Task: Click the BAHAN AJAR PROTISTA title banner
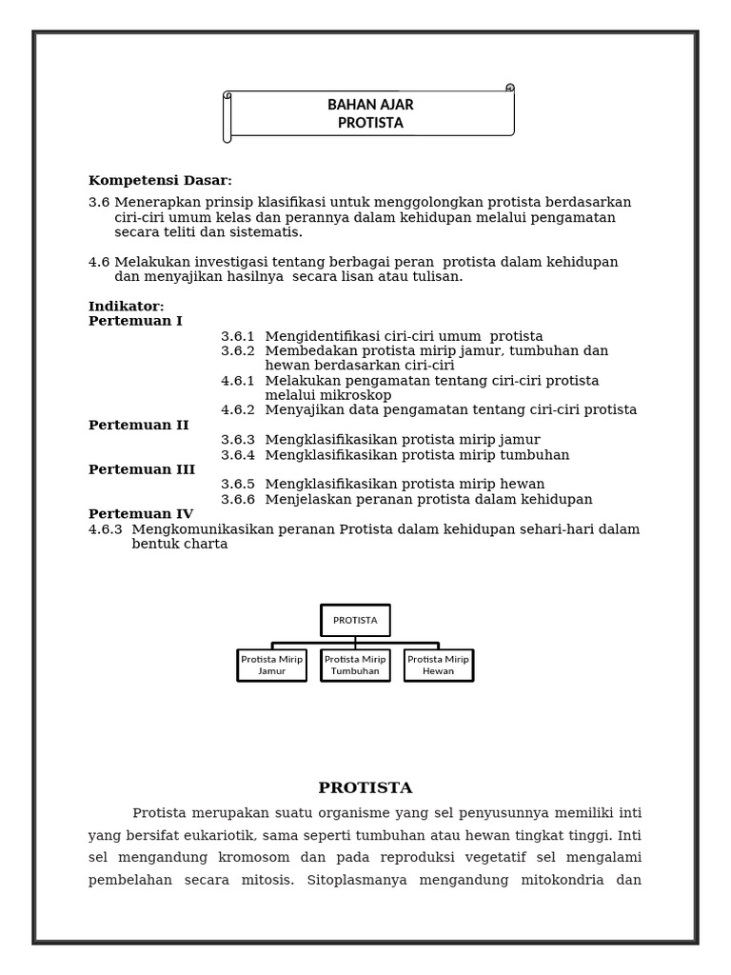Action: point(370,114)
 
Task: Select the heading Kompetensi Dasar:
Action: point(160,181)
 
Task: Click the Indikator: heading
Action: point(126,307)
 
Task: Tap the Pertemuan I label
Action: point(135,321)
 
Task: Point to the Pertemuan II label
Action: point(138,426)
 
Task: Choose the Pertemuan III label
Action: point(141,469)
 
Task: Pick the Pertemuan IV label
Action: point(140,514)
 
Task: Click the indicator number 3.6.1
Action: point(238,336)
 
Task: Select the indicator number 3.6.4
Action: point(238,455)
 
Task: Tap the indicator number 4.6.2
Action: point(238,410)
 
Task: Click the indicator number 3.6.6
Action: point(238,500)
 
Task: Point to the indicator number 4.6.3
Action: point(106,529)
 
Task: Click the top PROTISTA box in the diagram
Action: point(355,620)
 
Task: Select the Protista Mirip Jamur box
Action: point(271,665)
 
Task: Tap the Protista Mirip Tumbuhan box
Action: point(355,665)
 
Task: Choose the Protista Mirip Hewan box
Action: point(438,665)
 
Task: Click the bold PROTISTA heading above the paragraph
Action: point(365,788)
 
